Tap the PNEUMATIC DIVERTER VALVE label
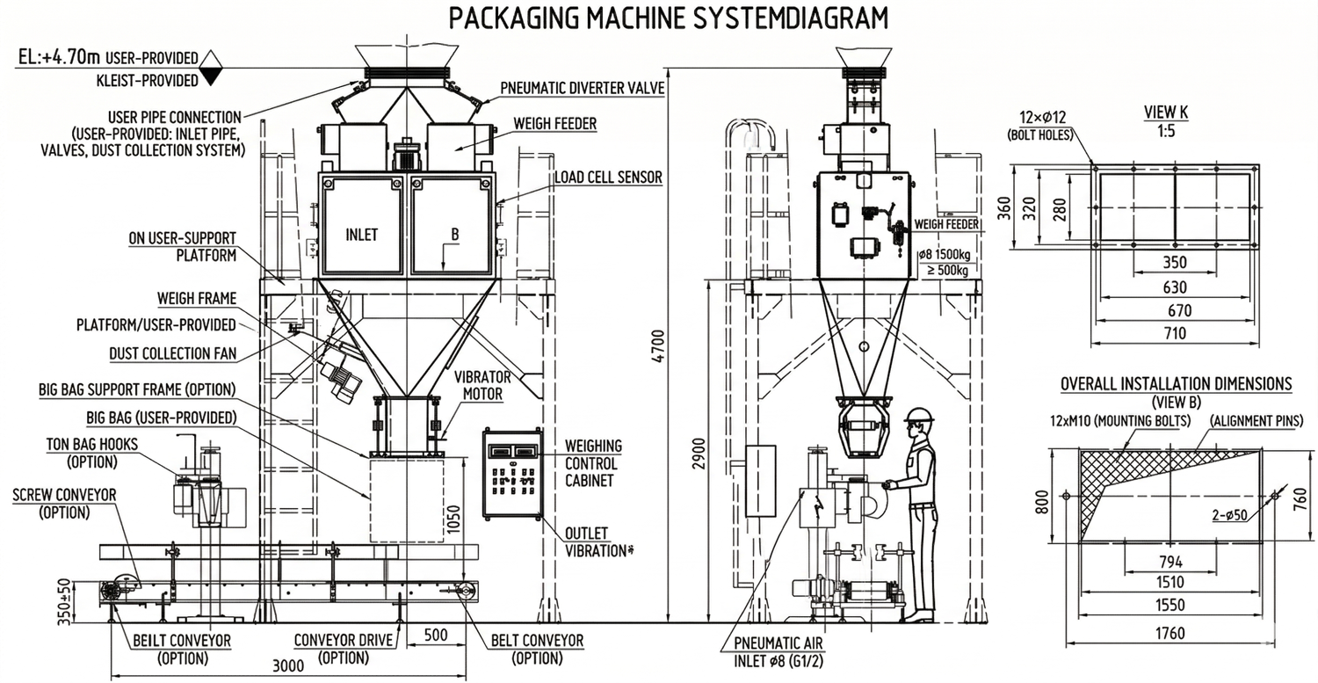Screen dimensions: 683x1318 pyautogui.click(x=583, y=88)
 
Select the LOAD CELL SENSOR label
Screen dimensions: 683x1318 pyautogui.click(x=607, y=178)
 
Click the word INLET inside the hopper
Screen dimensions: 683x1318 pyautogui.click(x=361, y=235)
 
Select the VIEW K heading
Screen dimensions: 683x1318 pyautogui.click(x=1165, y=113)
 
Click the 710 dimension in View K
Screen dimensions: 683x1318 pyautogui.click(x=1174, y=333)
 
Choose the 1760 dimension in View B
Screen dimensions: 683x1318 pyautogui.click(x=1170, y=633)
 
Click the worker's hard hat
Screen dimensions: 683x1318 pyautogui.click(x=918, y=415)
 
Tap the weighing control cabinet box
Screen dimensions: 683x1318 pyautogui.click(x=512, y=476)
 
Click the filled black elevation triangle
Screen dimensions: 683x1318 pyautogui.click(x=209, y=78)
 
